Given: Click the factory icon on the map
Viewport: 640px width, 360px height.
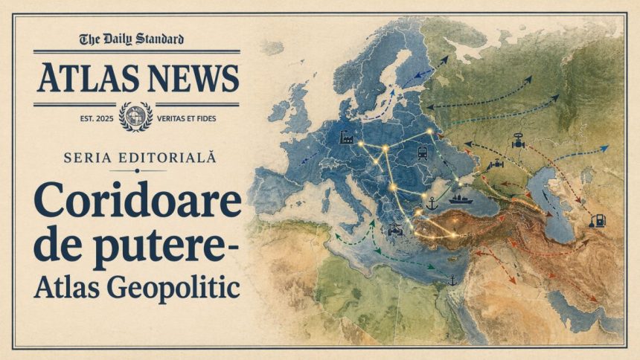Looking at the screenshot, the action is click(346, 137).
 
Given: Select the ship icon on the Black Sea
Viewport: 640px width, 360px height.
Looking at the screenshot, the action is click(458, 199).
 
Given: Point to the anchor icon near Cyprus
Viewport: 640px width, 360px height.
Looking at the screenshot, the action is click(452, 280).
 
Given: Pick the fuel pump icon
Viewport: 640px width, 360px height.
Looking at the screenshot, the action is click(597, 219).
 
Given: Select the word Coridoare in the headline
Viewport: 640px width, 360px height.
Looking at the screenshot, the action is click(138, 202).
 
